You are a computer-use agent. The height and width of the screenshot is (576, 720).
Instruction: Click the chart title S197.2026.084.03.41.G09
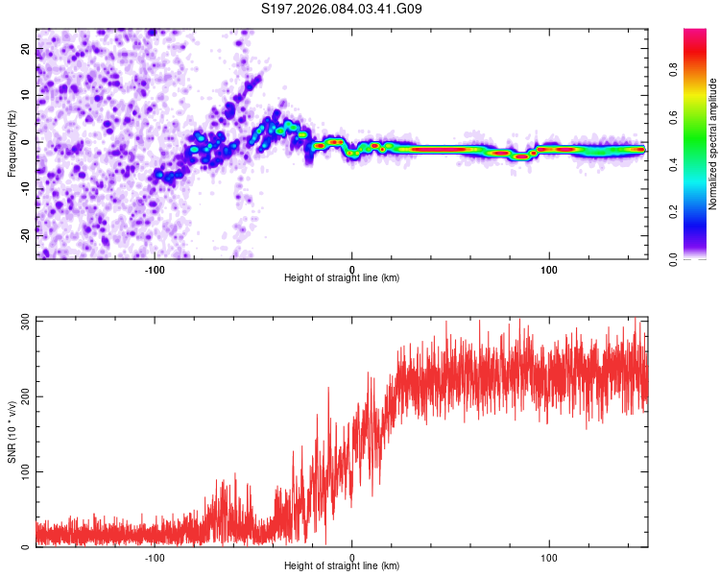pyautogui.click(x=342, y=9)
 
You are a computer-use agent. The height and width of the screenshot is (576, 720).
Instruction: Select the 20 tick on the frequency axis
pyautogui.click(x=26, y=49)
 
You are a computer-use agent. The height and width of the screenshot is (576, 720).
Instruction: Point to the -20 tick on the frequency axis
pyautogui.click(x=26, y=233)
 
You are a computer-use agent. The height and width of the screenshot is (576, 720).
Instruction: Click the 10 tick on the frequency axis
pyautogui.click(x=26, y=95)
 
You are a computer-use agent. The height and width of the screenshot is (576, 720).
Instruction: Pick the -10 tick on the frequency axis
pyautogui.click(x=26, y=187)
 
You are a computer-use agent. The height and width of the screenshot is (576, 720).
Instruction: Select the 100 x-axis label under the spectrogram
pyautogui.click(x=549, y=269)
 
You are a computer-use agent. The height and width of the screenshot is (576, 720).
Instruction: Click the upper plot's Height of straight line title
pyautogui.click(x=342, y=278)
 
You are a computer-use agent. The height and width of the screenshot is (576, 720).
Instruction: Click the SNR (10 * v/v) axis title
pyautogui.click(x=12, y=432)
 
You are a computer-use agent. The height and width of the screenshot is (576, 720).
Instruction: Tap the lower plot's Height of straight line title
pyautogui.click(x=342, y=566)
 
